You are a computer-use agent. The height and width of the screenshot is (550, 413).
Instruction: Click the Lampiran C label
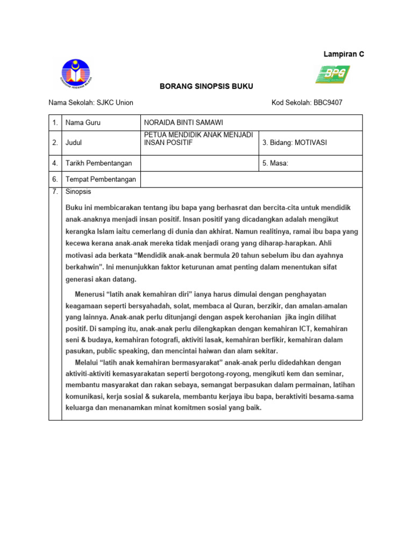click(x=343, y=54)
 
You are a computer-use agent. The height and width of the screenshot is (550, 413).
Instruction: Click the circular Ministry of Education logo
click(x=75, y=74)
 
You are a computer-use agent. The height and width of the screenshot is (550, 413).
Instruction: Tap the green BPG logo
click(x=332, y=74)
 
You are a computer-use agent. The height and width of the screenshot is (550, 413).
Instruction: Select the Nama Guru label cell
click(x=83, y=122)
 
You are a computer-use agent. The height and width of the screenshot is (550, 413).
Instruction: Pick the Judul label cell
click(x=74, y=143)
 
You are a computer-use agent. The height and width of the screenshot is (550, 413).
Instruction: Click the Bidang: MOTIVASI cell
click(x=295, y=143)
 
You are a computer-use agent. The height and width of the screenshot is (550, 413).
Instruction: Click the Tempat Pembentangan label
click(x=101, y=179)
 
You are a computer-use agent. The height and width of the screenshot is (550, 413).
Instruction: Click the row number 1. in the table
click(x=55, y=122)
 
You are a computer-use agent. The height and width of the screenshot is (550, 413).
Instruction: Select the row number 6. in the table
click(x=55, y=179)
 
